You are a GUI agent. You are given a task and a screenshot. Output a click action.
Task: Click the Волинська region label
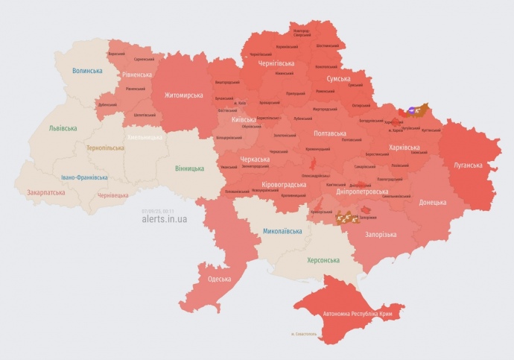click(87, 71)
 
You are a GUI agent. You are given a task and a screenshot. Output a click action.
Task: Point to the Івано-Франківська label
click(84, 178)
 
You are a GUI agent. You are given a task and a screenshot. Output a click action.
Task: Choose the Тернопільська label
click(106, 148)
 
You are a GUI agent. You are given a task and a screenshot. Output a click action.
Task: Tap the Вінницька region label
click(189, 168)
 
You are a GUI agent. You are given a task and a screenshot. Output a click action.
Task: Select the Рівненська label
click(137, 74)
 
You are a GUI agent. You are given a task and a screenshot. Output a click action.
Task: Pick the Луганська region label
click(469, 165)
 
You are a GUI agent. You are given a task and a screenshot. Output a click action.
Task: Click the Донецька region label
click(432, 202)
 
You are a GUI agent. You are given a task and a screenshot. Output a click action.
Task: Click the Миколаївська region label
click(282, 231)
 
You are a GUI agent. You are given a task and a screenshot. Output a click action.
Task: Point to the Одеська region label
click(219, 279)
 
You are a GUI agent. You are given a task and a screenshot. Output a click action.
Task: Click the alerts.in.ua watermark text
click(164, 219)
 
